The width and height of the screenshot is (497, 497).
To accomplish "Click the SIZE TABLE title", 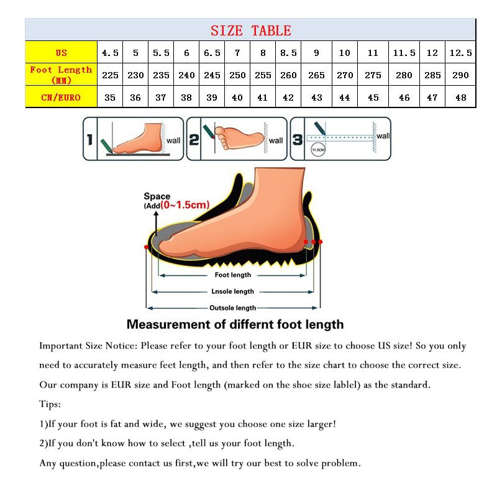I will point(250,30).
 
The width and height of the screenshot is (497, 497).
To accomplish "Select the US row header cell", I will point(61,53).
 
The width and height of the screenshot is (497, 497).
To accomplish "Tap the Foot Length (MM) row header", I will point(61,75).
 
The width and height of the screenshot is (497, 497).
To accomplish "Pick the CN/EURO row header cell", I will point(61,98).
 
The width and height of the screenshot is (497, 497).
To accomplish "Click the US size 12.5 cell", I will point(460,53).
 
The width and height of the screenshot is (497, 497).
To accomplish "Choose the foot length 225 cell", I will point(110,75).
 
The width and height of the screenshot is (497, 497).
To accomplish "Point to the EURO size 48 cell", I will point(460,98).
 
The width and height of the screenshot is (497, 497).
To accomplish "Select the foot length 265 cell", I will point(316,75).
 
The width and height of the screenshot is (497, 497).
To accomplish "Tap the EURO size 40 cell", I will point(237,98).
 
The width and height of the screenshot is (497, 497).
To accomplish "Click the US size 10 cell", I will point(345,53).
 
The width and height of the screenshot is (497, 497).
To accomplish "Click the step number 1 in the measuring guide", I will point(89,140).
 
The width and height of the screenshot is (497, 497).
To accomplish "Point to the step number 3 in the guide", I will point(298,140).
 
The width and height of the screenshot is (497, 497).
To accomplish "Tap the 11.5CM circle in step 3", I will point(318,150).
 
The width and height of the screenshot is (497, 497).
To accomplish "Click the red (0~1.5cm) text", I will point(185,205).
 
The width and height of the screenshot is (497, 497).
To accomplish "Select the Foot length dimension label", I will point(233,275).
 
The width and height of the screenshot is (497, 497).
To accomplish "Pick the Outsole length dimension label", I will point(232,308).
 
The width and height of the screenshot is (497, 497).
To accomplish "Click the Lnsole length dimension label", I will point(233,291).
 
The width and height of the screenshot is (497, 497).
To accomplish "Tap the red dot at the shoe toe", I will point(147,247).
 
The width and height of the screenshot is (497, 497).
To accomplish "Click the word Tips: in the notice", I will point(50,404).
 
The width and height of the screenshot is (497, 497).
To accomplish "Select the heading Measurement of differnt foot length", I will point(235,324).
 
